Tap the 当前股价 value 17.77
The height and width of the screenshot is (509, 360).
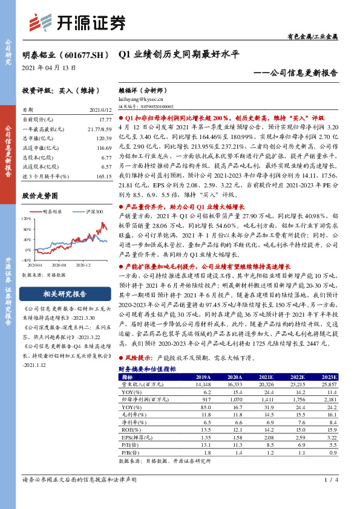(105, 120)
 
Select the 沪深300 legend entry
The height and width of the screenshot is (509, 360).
(93, 212)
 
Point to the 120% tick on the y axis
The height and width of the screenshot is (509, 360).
(26, 217)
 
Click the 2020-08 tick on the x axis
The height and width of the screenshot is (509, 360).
(59, 265)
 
